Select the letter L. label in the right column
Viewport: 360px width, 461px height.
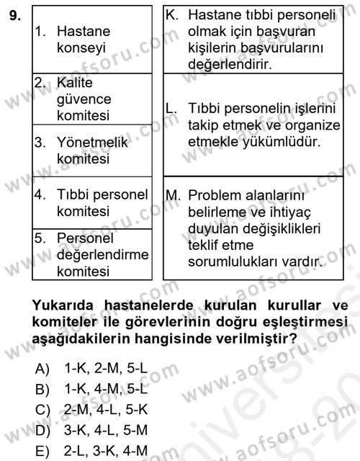coord(171,109)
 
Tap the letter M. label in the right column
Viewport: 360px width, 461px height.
coord(174,195)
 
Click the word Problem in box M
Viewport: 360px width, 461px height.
coord(217,195)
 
